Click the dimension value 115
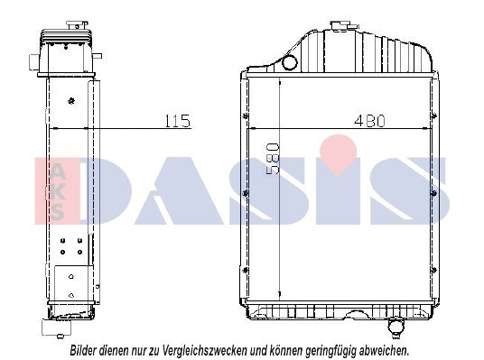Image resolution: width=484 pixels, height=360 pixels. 178,121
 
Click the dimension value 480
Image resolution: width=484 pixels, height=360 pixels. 369,121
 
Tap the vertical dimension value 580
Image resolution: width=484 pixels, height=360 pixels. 273,159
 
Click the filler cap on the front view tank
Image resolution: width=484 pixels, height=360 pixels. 340,25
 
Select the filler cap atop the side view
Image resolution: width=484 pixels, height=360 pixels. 77,25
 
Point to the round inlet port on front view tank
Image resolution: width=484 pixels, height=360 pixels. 290,62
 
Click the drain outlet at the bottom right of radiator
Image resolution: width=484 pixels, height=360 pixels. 396,327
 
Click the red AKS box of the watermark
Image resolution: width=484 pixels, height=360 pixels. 57,190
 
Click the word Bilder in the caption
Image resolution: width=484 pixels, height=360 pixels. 83,350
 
